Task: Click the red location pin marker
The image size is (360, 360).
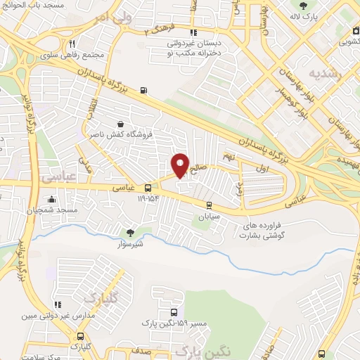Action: (181, 165)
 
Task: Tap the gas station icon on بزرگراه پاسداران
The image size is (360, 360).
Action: (144, 89)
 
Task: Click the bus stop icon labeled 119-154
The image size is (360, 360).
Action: (148, 188)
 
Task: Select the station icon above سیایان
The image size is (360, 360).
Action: (209, 205)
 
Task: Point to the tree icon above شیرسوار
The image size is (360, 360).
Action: (129, 233)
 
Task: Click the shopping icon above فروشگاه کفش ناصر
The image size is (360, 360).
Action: (129, 123)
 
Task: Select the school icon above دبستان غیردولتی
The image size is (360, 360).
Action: (194, 32)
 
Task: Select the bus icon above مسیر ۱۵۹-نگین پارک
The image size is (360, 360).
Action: (173, 313)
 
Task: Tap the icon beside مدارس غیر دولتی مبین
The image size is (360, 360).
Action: (58, 304)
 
